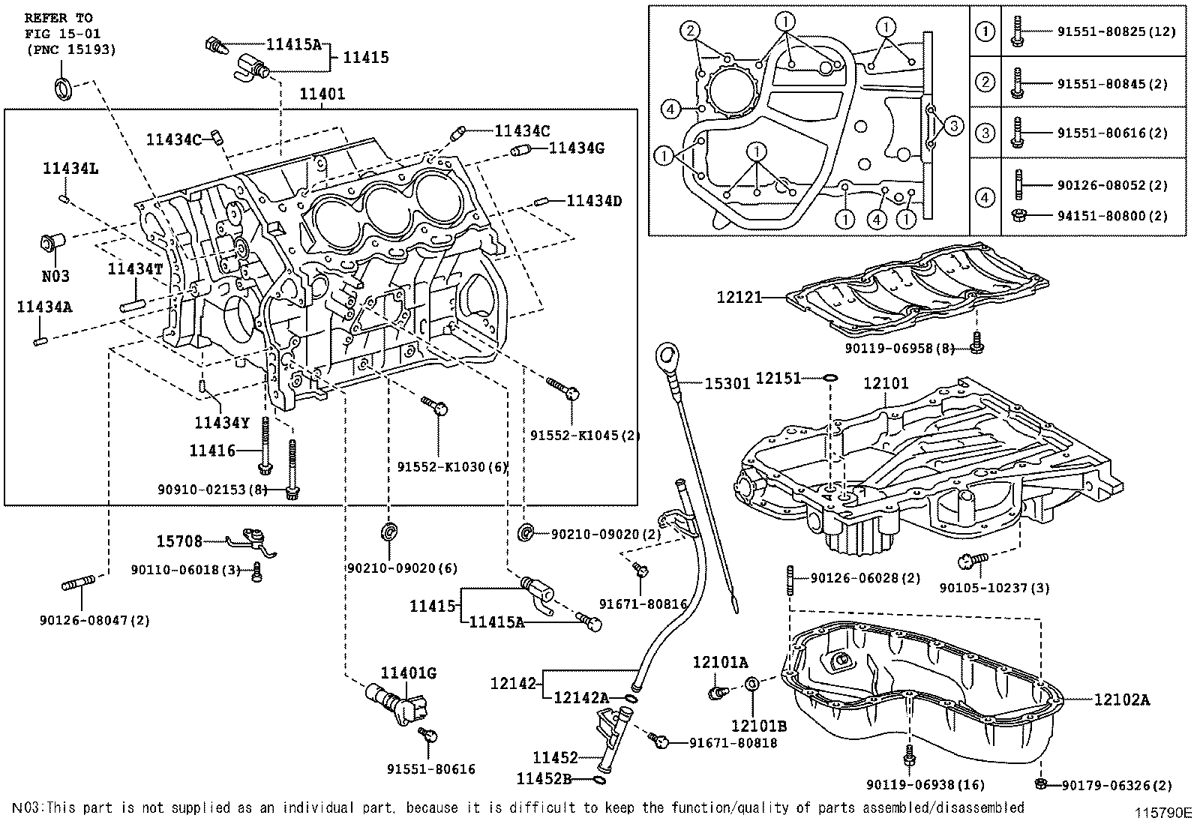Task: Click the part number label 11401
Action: pos(322,94)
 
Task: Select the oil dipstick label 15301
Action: pos(727,383)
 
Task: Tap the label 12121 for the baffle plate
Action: pos(739,298)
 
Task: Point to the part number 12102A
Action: pos(1121,700)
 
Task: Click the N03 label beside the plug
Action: pos(55,276)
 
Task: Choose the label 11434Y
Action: pos(221,423)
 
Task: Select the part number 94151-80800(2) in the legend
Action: pos(1111,216)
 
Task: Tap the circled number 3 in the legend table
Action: pos(985,133)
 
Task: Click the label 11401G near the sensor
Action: pos(408,673)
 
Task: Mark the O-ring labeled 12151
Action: pos(829,377)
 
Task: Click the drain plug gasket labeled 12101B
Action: pos(753,685)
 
